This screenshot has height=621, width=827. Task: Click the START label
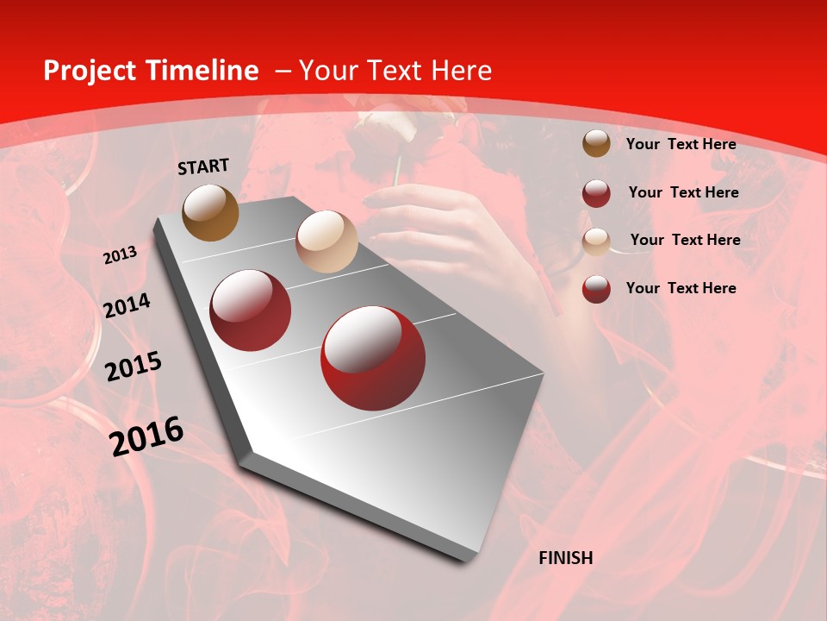coord(203,166)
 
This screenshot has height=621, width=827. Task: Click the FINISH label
coord(565,558)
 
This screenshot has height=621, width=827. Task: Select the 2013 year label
coord(120,255)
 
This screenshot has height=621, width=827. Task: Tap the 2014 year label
coord(127,306)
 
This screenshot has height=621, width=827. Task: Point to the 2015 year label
coord(133,367)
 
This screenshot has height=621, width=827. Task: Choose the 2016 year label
coord(146,436)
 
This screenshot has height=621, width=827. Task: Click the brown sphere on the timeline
coord(210,212)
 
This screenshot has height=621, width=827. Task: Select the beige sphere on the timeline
coord(326,241)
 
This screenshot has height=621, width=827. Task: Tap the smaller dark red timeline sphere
coord(251,310)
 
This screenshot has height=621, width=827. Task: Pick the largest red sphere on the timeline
coord(373,358)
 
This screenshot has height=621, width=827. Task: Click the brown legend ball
coord(596,143)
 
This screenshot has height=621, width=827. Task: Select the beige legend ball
coord(596,241)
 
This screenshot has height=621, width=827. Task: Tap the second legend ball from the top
coord(596,193)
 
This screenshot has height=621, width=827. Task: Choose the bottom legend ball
coord(596,289)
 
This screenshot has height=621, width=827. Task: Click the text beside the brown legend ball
coord(681,144)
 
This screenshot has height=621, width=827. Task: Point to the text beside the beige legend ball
coord(685,240)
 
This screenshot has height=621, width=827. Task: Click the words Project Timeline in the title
coord(151,71)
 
